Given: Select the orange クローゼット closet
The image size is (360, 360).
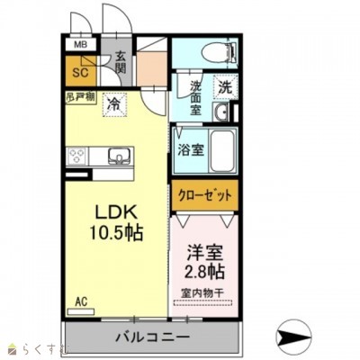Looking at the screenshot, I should pyautogui.click(x=205, y=195).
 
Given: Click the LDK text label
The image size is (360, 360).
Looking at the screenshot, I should pyautogui.click(x=118, y=212).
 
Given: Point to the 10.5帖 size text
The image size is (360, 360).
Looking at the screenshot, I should pyautogui.click(x=118, y=231).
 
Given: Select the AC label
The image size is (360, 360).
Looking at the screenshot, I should pyautogui.click(x=81, y=301).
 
